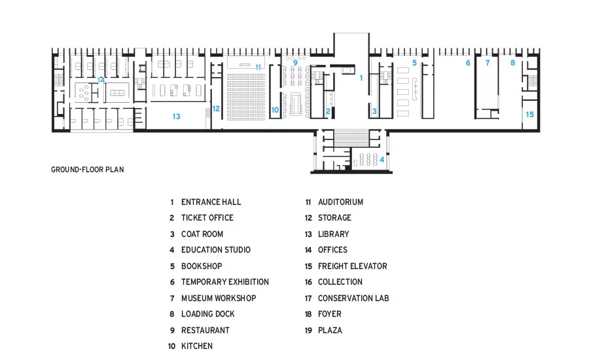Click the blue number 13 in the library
click(176, 117)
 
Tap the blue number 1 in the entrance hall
click(361, 78)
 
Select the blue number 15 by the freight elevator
click(529, 115)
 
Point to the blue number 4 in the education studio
click(382, 160)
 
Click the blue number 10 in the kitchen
click(275, 110)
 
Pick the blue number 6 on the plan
click(468, 63)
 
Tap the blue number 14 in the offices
click(101, 80)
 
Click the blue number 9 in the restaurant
click(295, 63)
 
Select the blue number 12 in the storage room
click(216, 109)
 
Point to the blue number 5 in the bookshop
click(414, 63)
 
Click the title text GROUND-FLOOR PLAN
click(88, 170)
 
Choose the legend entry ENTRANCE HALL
click(211, 202)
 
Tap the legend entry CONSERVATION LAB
click(353, 298)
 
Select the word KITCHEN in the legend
click(197, 346)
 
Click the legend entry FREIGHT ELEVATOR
click(352, 266)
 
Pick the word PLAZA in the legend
click(330, 331)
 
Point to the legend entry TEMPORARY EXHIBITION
click(225, 282)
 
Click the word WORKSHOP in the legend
click(238, 298)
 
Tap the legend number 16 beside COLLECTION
click(308, 282)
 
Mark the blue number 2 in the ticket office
click(328, 111)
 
